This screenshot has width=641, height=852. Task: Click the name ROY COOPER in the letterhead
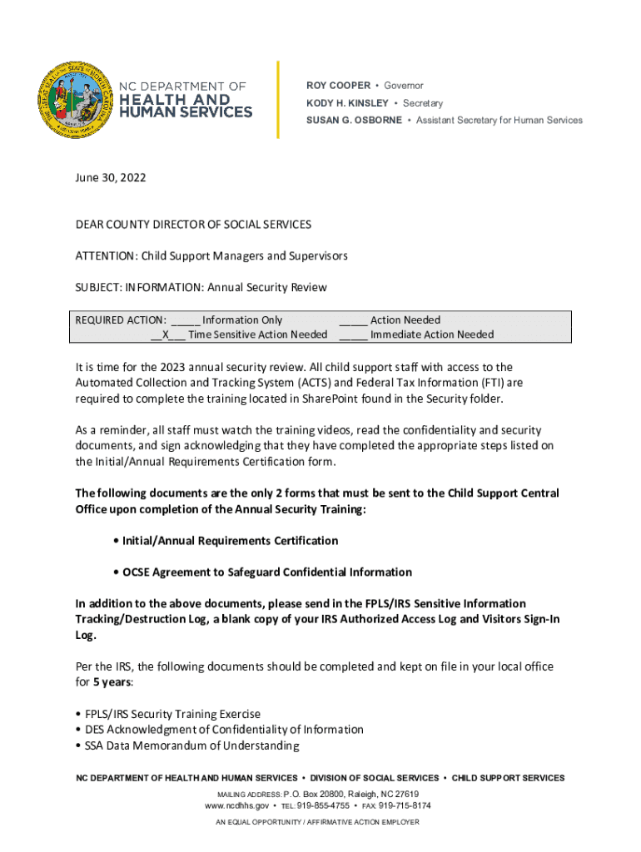pos(337,86)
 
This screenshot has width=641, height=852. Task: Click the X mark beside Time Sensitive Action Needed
pos(166,334)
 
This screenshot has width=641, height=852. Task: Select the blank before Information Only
pos(185,321)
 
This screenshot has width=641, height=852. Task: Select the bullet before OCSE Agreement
pos(116,572)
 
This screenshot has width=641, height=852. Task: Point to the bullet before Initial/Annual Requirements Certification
pos(116,541)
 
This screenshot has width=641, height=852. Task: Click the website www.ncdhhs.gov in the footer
pos(236,805)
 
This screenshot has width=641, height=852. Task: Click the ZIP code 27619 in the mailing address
pos(404,794)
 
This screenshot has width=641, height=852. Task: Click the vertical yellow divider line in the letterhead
pos(278,100)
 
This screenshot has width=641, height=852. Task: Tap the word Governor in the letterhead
pos(404,86)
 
